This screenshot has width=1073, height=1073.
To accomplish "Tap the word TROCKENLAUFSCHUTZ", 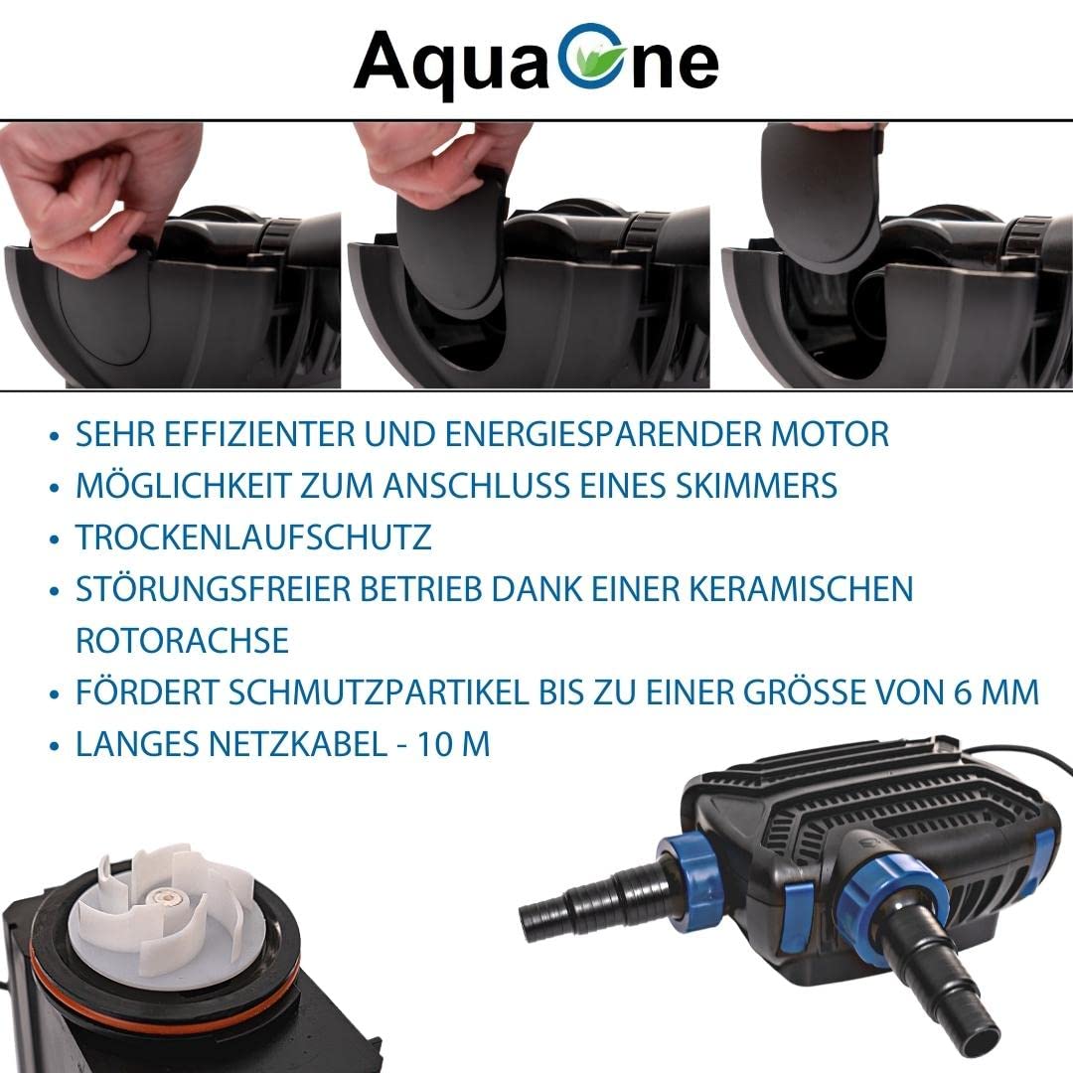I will point(253,537).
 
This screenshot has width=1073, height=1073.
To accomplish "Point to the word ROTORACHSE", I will point(182,640).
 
